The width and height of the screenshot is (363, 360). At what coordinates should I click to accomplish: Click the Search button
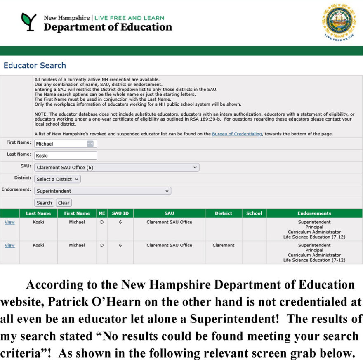44,203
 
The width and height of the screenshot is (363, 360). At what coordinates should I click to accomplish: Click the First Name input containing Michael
62,144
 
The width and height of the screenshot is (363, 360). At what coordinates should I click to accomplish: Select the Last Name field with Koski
66,156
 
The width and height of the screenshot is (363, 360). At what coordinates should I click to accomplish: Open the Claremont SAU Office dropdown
117,168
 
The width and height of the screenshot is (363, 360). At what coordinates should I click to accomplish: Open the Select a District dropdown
57,179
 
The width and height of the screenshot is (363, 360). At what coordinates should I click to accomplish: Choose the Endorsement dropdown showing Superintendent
103,191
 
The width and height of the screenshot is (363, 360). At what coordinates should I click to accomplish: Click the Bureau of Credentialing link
237,134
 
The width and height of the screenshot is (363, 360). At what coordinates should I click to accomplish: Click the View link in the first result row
9,222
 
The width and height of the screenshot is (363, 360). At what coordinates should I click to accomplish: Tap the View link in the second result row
9,245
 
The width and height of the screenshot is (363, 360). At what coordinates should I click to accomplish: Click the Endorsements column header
314,213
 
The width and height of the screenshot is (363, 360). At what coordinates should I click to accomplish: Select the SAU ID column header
120,213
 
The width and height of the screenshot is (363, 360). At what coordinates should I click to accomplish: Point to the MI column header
101,213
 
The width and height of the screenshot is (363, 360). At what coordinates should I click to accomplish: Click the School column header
254,213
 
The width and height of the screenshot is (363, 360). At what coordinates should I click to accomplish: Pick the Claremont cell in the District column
224,245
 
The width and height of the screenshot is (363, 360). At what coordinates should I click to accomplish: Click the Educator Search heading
35,65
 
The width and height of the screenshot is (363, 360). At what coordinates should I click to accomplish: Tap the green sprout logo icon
29,22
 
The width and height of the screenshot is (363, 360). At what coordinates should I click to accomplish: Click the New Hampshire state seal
339,21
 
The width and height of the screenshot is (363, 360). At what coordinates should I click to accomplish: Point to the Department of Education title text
108,27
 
